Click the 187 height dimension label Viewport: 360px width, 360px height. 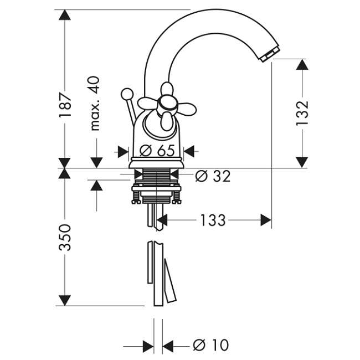click(65, 105)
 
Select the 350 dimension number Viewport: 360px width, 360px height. click(65, 238)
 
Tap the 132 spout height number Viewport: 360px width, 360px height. click(302, 113)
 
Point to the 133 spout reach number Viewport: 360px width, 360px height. click(213, 220)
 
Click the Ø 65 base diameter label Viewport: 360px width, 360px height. click(157, 151)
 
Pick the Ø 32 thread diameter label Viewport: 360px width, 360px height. click(213, 176)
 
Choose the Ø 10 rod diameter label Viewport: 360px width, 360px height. click(211, 345)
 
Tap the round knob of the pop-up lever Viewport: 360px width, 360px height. click(127, 94)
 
